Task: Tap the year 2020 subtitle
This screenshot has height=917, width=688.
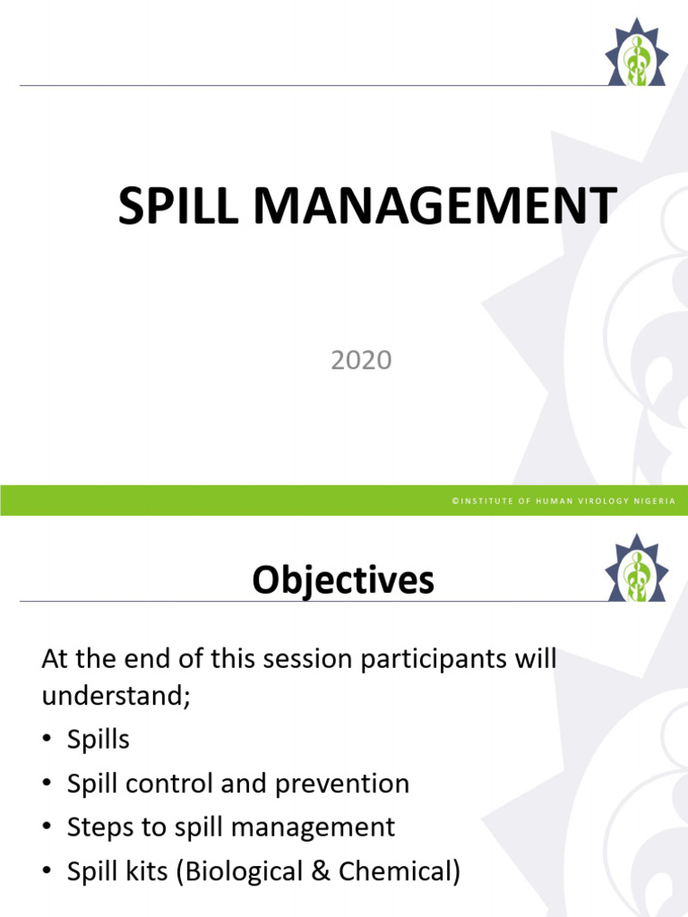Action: coord(361,360)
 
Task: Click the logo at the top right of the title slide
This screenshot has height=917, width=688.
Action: coord(637,52)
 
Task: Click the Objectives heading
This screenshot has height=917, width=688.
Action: coord(343,581)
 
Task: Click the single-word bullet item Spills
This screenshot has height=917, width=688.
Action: coord(99,741)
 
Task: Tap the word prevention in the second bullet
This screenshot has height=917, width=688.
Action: coord(342,784)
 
